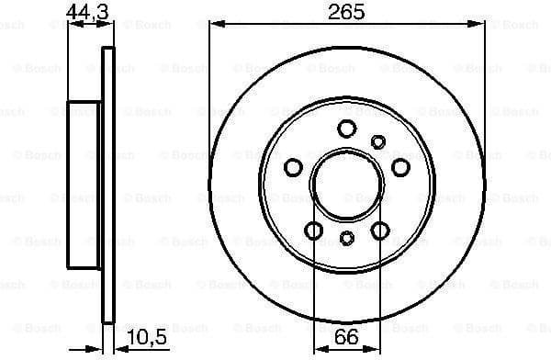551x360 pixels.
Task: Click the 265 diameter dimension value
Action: [x=346, y=12]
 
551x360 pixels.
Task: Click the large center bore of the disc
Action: [x=346, y=183]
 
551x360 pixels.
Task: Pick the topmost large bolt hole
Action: [x=346, y=129]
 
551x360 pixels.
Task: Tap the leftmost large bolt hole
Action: [x=294, y=166]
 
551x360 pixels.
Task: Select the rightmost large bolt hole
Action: [x=399, y=166]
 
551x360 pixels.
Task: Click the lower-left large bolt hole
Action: [x=314, y=230]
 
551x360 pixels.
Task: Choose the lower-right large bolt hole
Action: [x=379, y=230]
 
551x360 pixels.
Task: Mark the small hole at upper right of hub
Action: [x=377, y=141]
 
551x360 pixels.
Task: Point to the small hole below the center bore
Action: [x=346, y=238]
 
